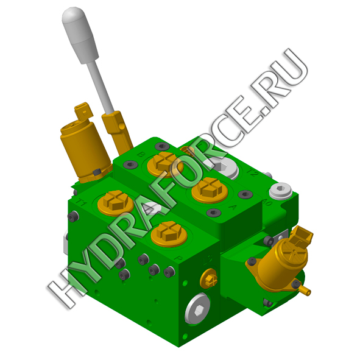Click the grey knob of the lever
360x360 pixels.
pyautogui.click(x=80, y=35)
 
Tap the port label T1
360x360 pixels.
pyautogui.click(x=82, y=202)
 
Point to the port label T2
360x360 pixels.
pyautogui.click(x=252, y=172)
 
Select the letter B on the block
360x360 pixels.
pyautogui.click(x=141, y=154)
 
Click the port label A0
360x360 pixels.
pyautogui.click(x=267, y=202)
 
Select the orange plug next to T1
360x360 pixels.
pyautogui.click(x=116, y=203)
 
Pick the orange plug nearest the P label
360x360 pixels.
pyautogui.click(x=169, y=234)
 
